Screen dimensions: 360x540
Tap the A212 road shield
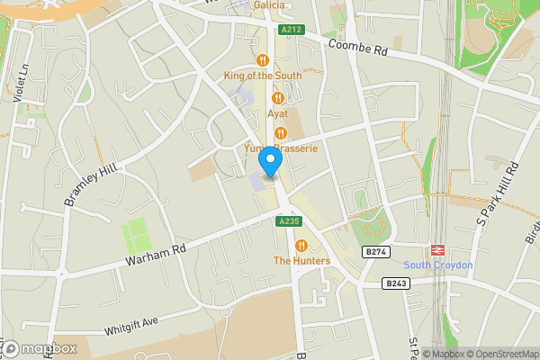pyautogui.click(x=290, y=30)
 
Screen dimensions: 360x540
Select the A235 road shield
pyautogui.click(x=288, y=221)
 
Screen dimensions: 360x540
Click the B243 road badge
pyautogui.click(x=395, y=283)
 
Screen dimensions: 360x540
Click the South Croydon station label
pyautogui.click(x=438, y=265)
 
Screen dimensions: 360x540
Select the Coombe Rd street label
pyautogui.click(x=357, y=49)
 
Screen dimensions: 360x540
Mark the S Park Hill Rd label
pyautogui.click(x=499, y=193)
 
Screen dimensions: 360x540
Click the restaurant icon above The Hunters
pyautogui.click(x=301, y=245)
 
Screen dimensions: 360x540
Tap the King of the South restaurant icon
pyautogui.click(x=263, y=60)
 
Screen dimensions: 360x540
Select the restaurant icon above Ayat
pyautogui.click(x=278, y=98)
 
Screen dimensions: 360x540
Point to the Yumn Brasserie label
pyautogui.click(x=281, y=148)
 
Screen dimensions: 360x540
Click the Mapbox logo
pyautogui.click(x=38, y=348)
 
